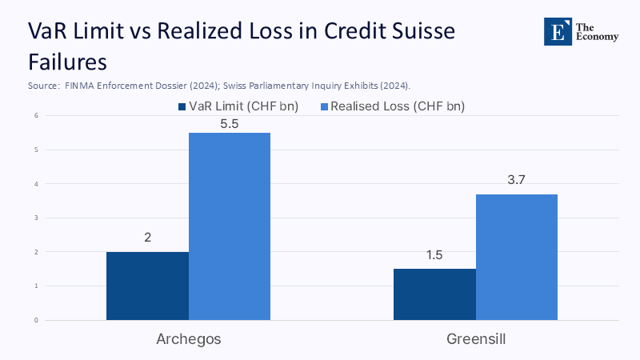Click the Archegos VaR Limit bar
tap(147, 286)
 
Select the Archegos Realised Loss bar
tap(230, 226)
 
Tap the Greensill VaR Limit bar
tap(434, 294)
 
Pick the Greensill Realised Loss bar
tap(517, 257)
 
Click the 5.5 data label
tap(230, 125)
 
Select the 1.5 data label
tap(434, 255)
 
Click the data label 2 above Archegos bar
tap(147, 238)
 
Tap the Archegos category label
tap(188, 339)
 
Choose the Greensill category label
tap(476, 339)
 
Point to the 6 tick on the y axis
tap(36, 115)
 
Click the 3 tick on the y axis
tap(36, 218)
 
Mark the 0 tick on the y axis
tap(36, 320)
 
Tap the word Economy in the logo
tap(591, 37)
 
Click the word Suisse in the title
tap(415, 31)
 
